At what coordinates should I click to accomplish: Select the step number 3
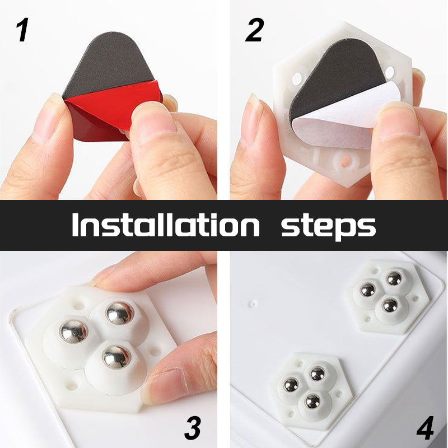[x=192, y=428]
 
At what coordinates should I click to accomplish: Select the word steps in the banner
[x=328, y=226]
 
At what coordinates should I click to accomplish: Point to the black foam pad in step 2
[x=342, y=73]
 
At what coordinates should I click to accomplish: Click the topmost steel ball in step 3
[x=120, y=312]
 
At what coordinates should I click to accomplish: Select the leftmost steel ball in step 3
[x=74, y=332]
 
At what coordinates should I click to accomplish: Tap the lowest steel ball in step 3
[x=116, y=357]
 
